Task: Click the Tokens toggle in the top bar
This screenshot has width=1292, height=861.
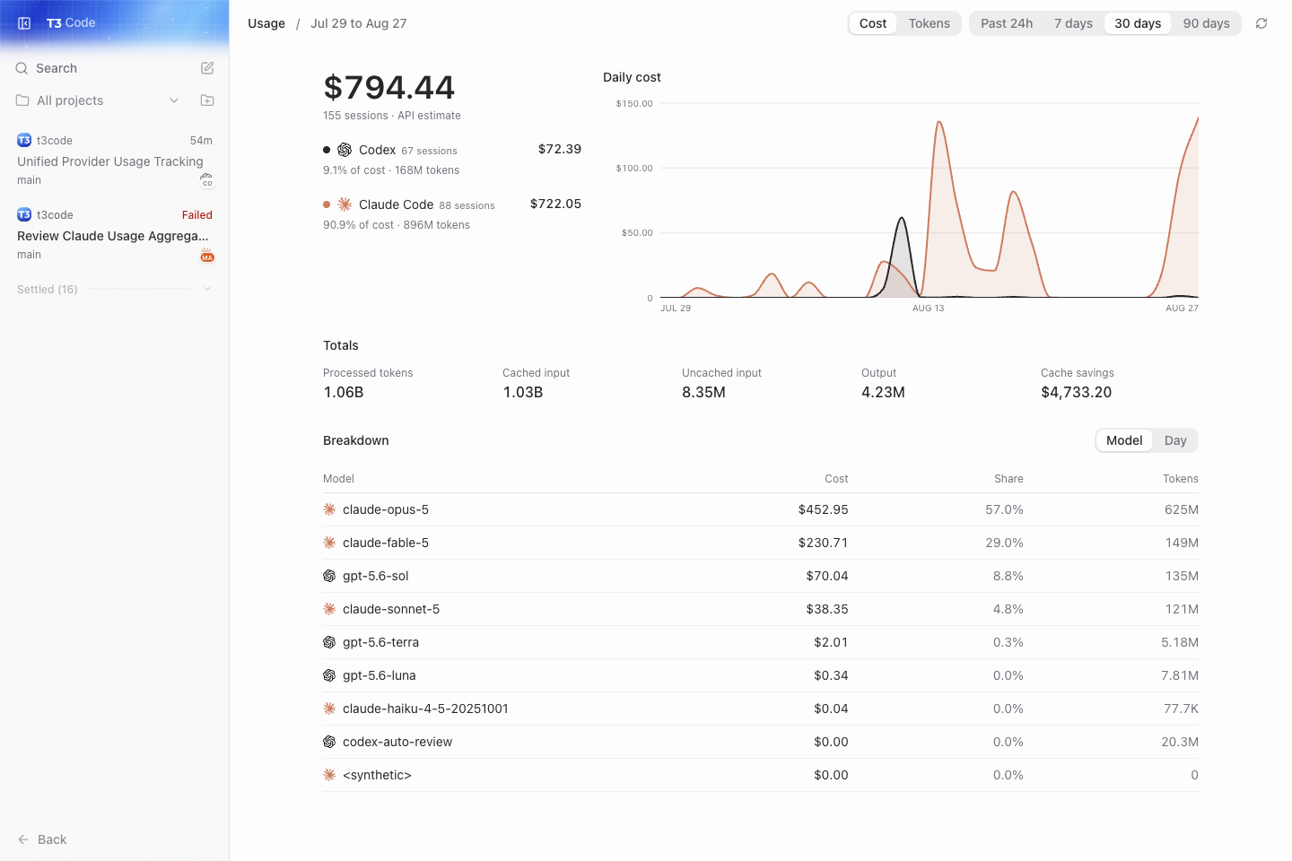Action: [x=929, y=23]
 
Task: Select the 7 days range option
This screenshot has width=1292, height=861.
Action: [x=1073, y=23]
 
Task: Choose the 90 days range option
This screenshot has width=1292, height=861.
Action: [x=1206, y=23]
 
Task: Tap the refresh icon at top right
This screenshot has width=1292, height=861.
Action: [x=1261, y=23]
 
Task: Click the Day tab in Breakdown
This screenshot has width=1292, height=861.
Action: [x=1175, y=440]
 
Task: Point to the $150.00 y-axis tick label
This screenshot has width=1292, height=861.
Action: [x=633, y=104]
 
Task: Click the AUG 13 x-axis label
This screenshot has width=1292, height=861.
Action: [x=928, y=308]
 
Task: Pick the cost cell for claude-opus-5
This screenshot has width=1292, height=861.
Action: [x=823, y=509]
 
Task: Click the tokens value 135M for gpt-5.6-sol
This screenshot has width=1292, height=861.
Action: [x=1182, y=576]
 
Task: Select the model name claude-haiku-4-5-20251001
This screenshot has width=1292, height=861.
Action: [x=425, y=709]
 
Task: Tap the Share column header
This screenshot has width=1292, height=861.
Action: [x=1008, y=479]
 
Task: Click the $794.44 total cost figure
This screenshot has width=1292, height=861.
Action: [x=388, y=88]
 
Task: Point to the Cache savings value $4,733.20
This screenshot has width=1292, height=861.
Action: [x=1076, y=393]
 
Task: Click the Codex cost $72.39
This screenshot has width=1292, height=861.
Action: [x=560, y=150]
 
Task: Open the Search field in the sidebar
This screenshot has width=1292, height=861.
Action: [x=57, y=68]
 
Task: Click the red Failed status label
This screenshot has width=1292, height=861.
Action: [x=197, y=215]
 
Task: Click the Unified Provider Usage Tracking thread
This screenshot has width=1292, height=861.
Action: [x=110, y=161]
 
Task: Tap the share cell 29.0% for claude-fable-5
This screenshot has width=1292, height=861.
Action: [x=1004, y=543]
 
